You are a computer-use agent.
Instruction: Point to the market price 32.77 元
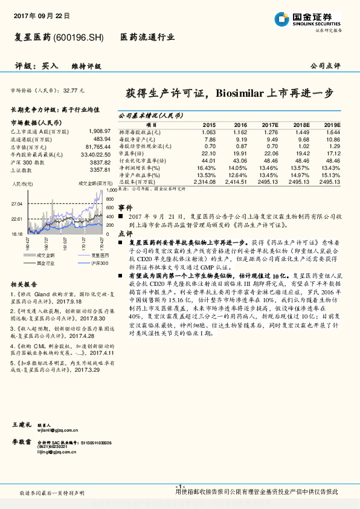point(74,90)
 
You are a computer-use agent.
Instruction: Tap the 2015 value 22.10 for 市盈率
point(209,154)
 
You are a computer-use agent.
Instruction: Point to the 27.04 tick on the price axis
point(17,204)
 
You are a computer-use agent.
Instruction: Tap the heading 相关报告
point(24,284)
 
